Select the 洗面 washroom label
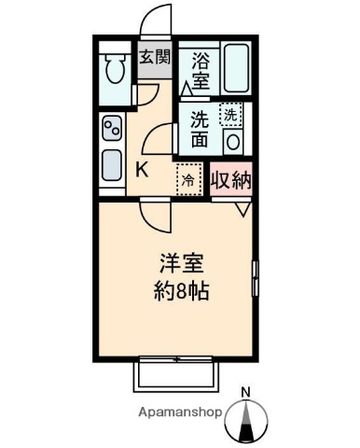(x=200, y=131)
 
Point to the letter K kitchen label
(x=143, y=169)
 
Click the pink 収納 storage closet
(x=231, y=179)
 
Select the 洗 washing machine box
(x=230, y=115)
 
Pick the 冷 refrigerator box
(x=189, y=179)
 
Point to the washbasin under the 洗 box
(x=231, y=142)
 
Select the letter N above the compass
(x=246, y=392)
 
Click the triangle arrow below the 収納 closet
(x=241, y=209)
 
